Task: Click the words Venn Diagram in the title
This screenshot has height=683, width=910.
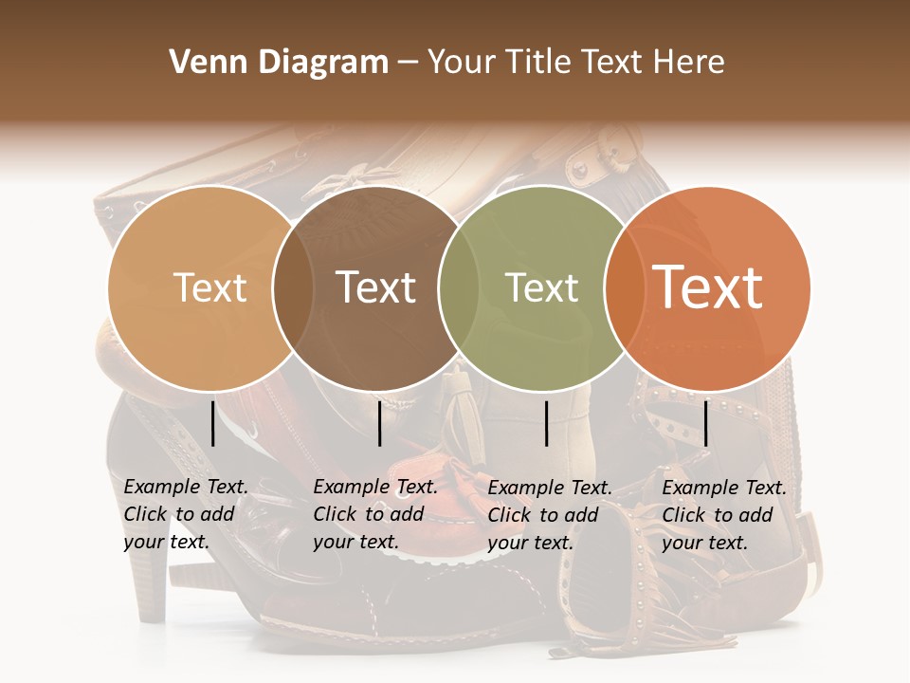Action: (x=279, y=63)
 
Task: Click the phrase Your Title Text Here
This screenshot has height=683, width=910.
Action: (x=576, y=63)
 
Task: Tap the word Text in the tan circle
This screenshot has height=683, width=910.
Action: (x=210, y=287)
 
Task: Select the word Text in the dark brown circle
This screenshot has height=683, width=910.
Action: (x=375, y=287)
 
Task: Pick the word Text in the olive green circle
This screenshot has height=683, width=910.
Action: (x=542, y=287)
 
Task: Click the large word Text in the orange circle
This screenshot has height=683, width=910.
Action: (x=708, y=287)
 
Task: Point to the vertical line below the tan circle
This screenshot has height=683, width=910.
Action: (x=212, y=423)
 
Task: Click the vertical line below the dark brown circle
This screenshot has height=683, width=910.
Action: (x=379, y=423)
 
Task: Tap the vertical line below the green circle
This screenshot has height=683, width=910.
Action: (x=547, y=423)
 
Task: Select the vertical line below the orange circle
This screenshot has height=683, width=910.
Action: (x=706, y=423)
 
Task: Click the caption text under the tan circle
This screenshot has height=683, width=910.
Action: (x=185, y=514)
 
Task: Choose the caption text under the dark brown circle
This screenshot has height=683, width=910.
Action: (x=374, y=514)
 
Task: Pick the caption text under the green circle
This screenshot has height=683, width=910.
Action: (x=549, y=515)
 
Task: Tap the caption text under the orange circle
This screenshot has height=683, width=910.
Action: (x=723, y=515)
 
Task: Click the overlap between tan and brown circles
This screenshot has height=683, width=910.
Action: (x=293, y=287)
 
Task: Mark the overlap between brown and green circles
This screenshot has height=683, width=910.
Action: (x=459, y=287)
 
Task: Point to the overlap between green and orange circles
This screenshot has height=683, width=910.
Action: (x=624, y=287)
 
